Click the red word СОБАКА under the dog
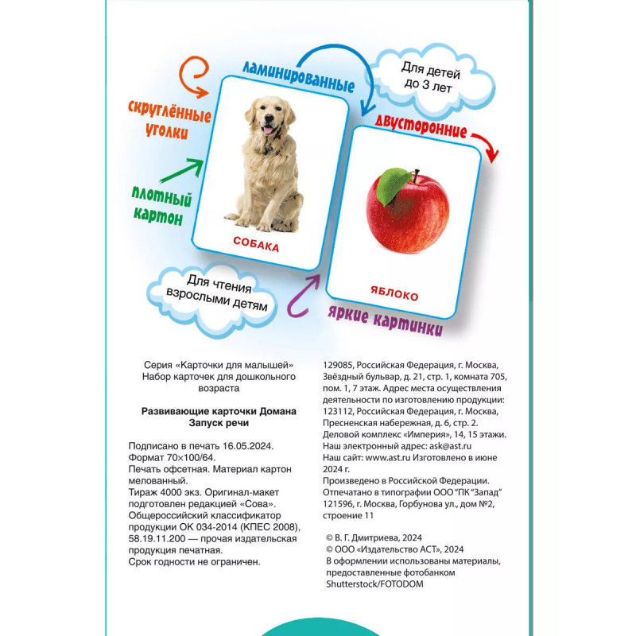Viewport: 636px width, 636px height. pos(255,246)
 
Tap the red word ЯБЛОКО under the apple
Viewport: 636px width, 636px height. pos(394,296)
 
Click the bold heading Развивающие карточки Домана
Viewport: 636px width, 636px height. pos(218,412)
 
